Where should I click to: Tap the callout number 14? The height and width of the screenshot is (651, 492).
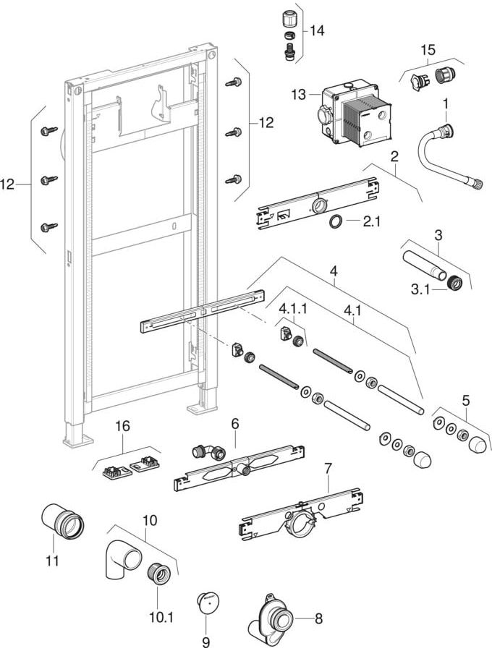point(317,31)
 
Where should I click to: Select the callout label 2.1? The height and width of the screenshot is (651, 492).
point(371,222)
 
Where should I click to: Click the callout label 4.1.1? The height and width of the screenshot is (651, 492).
point(293,309)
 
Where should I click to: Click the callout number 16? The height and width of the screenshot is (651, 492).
point(122,427)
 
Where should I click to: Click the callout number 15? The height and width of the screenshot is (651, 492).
point(428,49)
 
